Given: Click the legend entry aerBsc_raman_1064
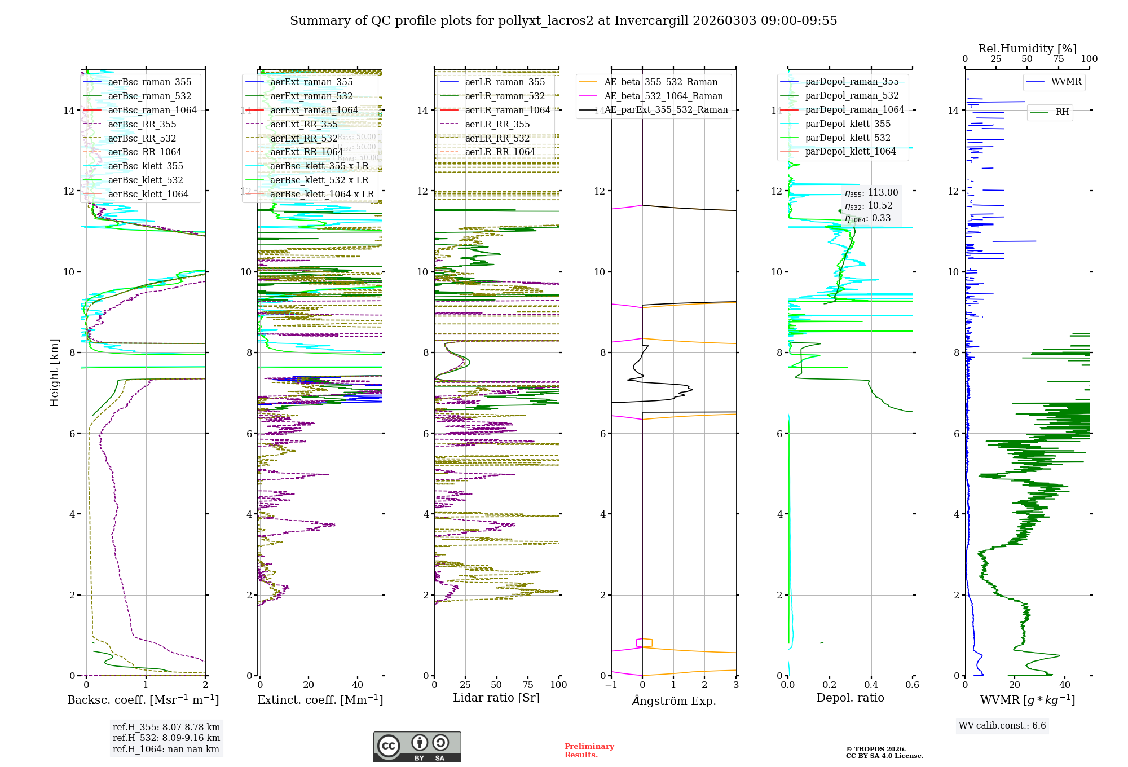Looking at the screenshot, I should [152, 110].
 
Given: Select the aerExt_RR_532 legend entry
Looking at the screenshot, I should [303, 138].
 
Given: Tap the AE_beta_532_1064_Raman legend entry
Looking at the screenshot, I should [663, 96].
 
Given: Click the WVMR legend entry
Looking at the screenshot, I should [1066, 82].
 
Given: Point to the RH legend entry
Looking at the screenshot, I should [1062, 112].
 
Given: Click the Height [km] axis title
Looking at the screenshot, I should [54, 373].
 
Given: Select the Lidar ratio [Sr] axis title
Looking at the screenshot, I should [496, 698].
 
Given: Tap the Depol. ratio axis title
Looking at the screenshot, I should [850, 698].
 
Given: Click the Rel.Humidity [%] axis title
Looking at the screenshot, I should [1027, 49].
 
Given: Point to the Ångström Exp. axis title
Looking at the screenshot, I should [673, 700].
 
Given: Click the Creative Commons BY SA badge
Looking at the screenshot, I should [417, 747].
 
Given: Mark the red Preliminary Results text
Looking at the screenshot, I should [589, 750].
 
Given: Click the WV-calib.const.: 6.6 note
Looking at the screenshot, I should [1002, 725].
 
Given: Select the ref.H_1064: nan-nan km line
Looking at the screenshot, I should [166, 749].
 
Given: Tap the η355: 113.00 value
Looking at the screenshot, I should [871, 193].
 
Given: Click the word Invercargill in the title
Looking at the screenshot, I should [651, 21].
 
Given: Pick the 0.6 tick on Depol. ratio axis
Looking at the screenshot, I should [912, 685].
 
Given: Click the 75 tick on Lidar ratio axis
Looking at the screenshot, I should [528, 685].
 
